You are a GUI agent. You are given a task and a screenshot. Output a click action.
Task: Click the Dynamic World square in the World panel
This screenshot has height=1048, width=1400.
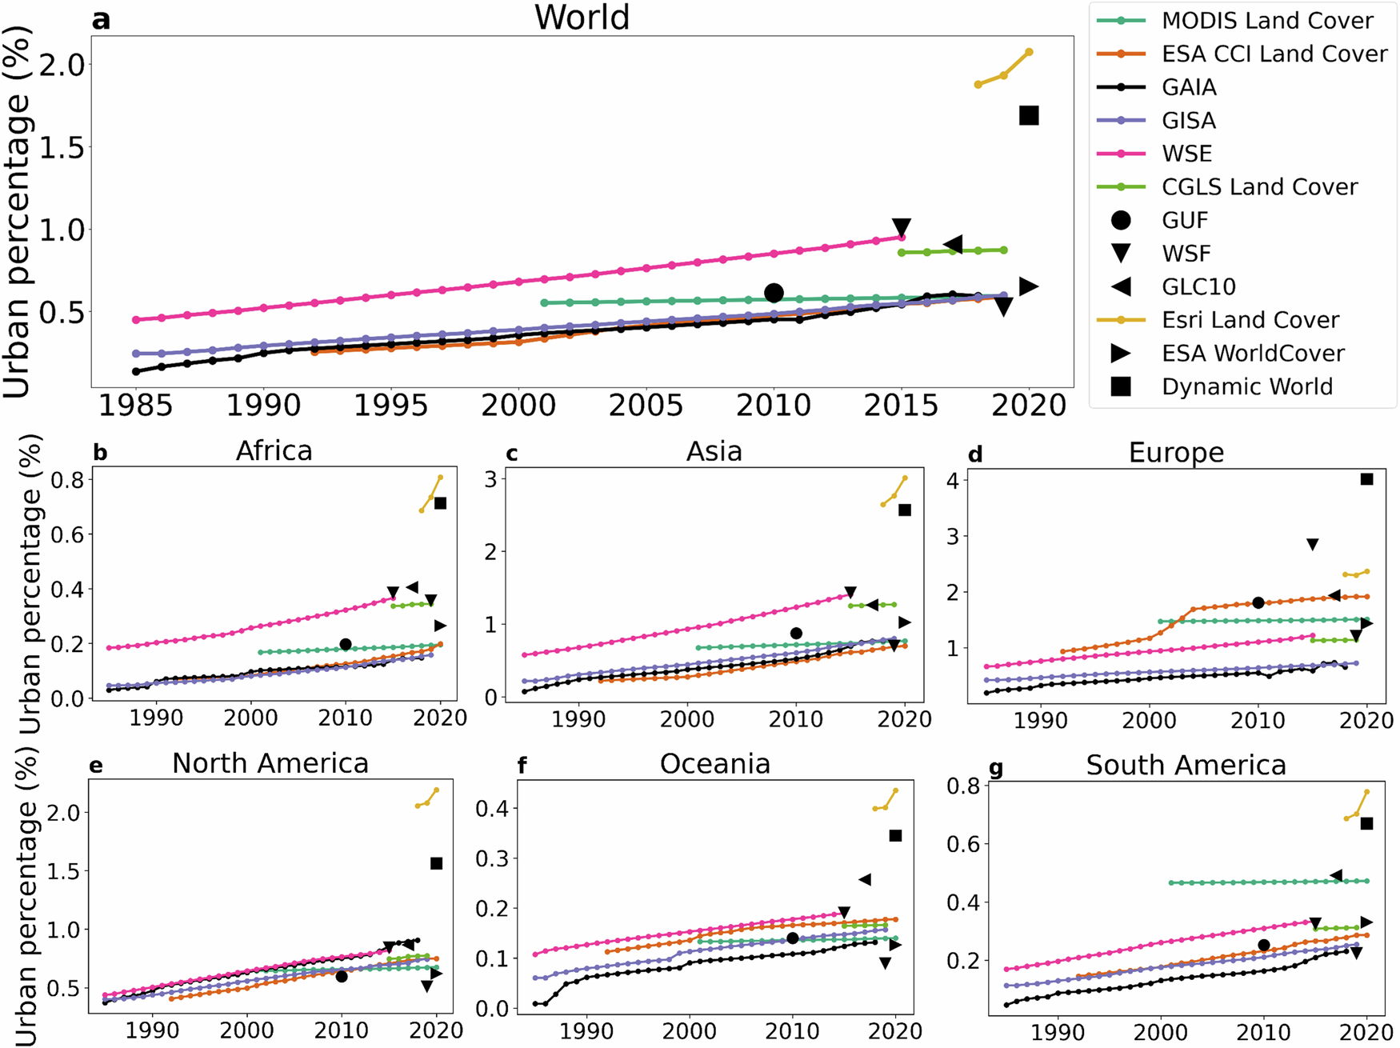(1029, 116)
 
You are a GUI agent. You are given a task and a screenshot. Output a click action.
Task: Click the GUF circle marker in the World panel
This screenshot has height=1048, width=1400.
(773, 294)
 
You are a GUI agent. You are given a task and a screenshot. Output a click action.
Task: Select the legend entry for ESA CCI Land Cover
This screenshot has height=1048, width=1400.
(1274, 54)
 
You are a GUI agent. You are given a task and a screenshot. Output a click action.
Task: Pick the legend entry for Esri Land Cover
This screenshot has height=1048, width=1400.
(1250, 320)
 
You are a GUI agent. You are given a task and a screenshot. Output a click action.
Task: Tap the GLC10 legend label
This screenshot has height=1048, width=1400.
(1198, 286)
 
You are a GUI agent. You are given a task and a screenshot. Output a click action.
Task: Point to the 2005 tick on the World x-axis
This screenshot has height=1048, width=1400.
(646, 406)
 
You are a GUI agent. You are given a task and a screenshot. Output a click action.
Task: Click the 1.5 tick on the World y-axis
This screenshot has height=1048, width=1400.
(62, 147)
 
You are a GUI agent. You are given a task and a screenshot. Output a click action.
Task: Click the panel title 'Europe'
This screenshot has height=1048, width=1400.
(1176, 453)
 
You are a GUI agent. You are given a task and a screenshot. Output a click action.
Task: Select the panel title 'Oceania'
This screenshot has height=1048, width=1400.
(714, 764)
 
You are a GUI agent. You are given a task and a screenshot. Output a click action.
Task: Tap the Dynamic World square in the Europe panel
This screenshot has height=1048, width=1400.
(1366, 479)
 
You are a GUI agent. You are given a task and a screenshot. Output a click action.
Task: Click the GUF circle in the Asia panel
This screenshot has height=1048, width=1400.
(796, 634)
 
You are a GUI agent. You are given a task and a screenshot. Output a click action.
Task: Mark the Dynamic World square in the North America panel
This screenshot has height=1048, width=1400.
(436, 863)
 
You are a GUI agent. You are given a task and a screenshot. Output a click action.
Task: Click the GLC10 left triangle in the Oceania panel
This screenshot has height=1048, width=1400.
(865, 880)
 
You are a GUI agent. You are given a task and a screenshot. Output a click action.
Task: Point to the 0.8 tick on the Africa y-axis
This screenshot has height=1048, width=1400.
(67, 481)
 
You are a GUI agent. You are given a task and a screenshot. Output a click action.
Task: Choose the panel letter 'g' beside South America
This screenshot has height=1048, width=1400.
(996, 769)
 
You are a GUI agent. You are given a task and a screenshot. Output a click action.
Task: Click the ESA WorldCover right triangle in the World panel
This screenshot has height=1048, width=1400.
(1029, 286)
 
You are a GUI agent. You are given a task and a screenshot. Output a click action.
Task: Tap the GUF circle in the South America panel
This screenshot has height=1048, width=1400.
(1264, 946)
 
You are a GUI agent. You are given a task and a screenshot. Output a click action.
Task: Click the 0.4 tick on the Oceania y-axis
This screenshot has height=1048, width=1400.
(493, 809)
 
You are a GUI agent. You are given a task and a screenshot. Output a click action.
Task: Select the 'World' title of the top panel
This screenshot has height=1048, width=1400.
(582, 18)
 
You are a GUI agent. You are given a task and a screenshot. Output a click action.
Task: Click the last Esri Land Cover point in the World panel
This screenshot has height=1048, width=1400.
(1029, 52)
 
